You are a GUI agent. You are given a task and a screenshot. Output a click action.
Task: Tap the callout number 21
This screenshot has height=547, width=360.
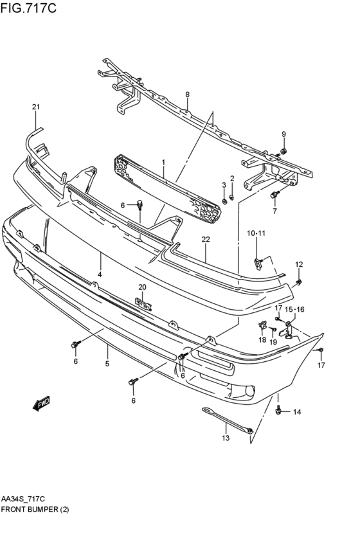36,107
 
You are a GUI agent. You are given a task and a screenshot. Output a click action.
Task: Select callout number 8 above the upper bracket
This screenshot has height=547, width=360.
187,94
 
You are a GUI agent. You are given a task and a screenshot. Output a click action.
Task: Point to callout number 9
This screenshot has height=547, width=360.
283,134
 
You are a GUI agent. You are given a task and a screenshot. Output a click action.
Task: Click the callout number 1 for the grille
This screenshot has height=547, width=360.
163,163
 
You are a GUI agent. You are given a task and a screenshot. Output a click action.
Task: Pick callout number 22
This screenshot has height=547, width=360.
206,240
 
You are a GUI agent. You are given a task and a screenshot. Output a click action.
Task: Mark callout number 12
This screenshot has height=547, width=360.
299,264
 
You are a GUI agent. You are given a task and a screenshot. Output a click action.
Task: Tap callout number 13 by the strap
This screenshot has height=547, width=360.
225,438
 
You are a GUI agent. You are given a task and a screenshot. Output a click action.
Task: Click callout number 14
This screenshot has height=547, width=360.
297,411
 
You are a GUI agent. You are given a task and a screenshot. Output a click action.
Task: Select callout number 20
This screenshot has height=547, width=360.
143,287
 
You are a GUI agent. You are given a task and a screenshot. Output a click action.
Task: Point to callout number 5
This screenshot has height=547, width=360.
107,364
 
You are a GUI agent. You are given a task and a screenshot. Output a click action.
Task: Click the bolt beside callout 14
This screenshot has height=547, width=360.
278,409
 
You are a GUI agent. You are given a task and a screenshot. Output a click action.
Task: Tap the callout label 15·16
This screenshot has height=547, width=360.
294,310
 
